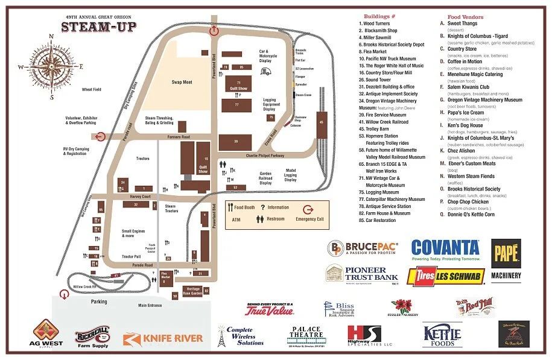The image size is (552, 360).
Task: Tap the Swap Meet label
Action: tap(182, 82)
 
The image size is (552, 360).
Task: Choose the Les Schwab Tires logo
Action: tap(445, 276)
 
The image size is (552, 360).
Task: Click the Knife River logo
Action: tap(163, 339)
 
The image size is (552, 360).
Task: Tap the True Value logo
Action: tap(268, 310)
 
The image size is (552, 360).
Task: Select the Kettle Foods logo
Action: tap(442, 335)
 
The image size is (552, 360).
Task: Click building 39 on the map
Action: tap(236, 142)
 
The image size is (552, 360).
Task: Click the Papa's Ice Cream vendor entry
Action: tap(465, 112)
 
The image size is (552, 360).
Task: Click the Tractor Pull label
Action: tap(131, 256)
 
